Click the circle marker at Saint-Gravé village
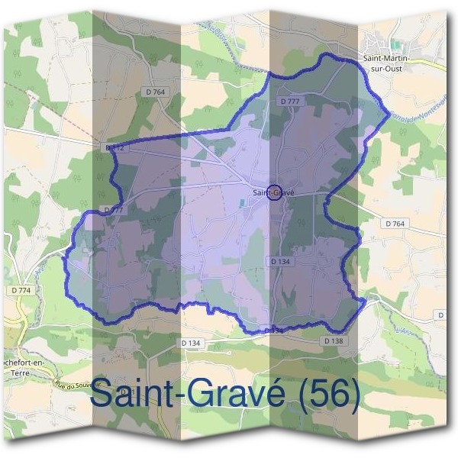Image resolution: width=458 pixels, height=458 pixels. point(276,192)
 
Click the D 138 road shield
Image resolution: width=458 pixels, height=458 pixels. point(334,340)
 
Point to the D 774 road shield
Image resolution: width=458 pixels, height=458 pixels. point(22,291)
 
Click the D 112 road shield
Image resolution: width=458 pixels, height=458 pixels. point(114,146)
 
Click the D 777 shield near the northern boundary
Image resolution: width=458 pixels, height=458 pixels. point(289,101)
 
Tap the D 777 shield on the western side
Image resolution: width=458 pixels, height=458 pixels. point(113,209)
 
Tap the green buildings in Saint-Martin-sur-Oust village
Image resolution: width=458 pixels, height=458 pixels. point(395,46)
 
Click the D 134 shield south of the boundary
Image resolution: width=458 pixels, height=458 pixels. point(192,343)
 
